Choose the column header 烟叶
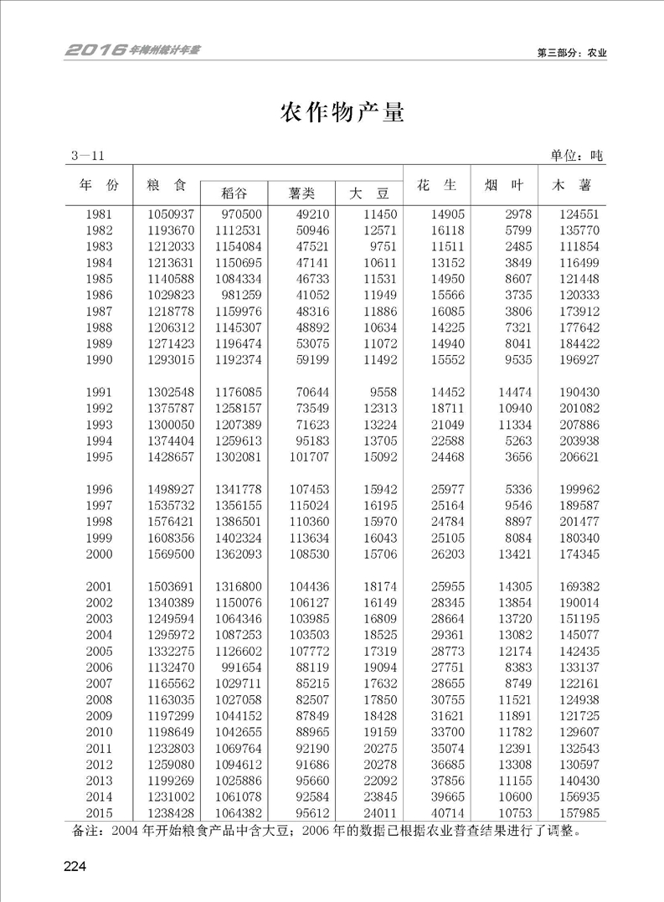[x=504, y=184]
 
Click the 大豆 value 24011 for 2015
[x=378, y=812]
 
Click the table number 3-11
[x=88, y=156]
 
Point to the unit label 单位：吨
[x=577, y=156]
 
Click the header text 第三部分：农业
[x=572, y=52]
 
